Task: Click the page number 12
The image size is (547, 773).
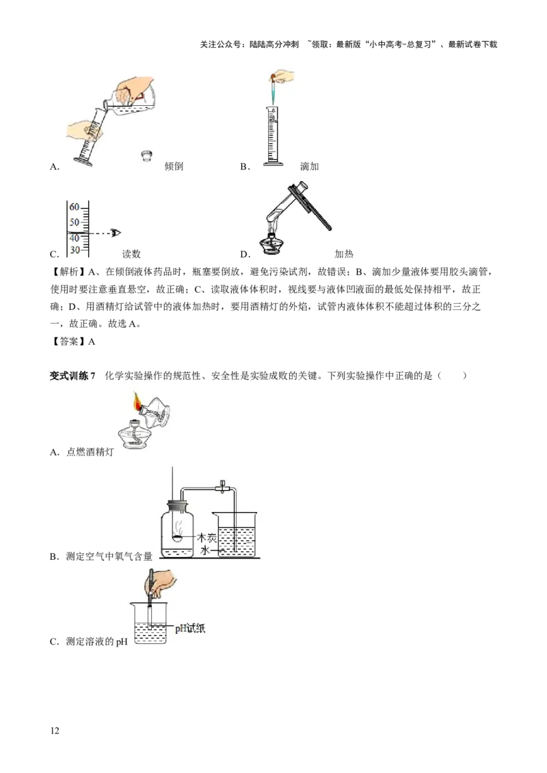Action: [x=54, y=731]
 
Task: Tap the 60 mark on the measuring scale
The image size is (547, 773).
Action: [x=74, y=207]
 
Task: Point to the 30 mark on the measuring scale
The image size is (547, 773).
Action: [x=75, y=250]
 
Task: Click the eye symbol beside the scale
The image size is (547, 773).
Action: [x=116, y=233]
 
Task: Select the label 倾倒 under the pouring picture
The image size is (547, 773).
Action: [x=174, y=167]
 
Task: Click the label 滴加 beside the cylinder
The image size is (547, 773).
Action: [x=310, y=167]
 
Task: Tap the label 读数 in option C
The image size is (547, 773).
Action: [x=131, y=254]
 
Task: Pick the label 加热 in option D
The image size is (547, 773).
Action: [x=344, y=254]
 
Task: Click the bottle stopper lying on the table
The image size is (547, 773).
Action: [x=146, y=156]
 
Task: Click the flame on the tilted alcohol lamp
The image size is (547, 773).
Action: [x=137, y=402]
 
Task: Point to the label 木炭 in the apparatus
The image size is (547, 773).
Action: [x=207, y=537]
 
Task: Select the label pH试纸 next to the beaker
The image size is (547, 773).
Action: [x=190, y=628]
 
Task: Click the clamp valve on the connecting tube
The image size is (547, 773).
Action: [x=223, y=487]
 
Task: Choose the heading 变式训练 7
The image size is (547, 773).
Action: [x=72, y=376]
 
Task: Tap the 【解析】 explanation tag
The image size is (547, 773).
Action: [x=68, y=272]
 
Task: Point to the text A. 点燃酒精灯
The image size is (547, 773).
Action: [x=82, y=452]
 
